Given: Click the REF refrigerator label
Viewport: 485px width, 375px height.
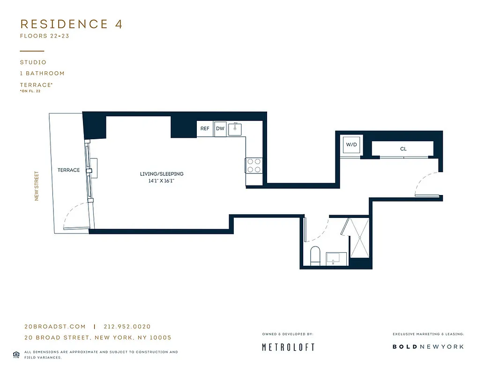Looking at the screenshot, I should pyautogui.click(x=205, y=128).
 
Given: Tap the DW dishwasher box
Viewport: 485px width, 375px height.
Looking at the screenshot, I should pyautogui.click(x=220, y=128).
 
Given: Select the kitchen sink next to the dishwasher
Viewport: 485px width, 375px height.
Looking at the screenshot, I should pyautogui.click(x=237, y=129).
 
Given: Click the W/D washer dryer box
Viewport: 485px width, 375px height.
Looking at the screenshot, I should pyautogui.click(x=351, y=145).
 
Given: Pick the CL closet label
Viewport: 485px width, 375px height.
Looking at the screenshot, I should pyautogui.click(x=403, y=149).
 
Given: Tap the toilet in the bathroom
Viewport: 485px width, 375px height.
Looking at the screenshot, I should pyautogui.click(x=315, y=255).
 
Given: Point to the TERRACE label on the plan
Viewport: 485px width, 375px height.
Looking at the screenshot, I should pyautogui.click(x=69, y=170).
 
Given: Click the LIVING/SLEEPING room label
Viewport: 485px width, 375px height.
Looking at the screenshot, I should pyautogui.click(x=162, y=174).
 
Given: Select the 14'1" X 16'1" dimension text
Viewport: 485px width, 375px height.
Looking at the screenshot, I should pyautogui.click(x=162, y=180).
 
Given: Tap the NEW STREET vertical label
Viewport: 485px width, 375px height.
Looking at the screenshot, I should pyautogui.click(x=37, y=186).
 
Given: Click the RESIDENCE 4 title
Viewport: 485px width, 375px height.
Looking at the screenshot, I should pyautogui.click(x=71, y=24).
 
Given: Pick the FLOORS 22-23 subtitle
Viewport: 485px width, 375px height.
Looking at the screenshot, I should pyautogui.click(x=45, y=36).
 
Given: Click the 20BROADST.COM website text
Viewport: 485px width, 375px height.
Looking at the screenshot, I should pyautogui.click(x=55, y=327).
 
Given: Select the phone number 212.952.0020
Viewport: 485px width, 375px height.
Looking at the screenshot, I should pyautogui.click(x=127, y=327).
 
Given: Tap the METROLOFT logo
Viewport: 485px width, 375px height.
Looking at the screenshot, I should pyautogui.click(x=288, y=347).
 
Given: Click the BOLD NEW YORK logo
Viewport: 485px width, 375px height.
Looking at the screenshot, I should pyautogui.click(x=428, y=347).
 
